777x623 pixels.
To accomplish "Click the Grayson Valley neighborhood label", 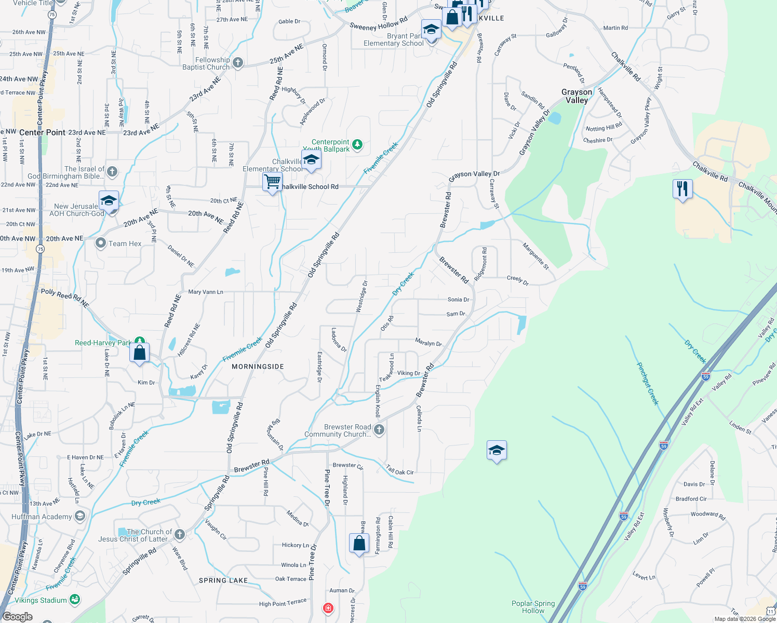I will (577, 96).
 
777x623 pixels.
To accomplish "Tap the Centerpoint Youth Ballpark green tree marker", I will (357, 145).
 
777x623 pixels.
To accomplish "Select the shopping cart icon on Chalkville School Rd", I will (272, 183).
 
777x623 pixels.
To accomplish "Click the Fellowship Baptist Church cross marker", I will (238, 63).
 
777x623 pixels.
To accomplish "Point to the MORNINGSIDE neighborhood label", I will (258, 367).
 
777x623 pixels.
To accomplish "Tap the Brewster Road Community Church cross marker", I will (379, 430).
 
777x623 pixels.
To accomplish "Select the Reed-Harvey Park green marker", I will (139, 342).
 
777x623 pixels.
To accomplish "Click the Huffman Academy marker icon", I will (79, 516).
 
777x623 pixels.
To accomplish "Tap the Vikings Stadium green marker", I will (75, 600).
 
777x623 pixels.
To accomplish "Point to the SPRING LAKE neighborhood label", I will (223, 580).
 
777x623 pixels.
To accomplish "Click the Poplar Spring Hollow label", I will (533, 607).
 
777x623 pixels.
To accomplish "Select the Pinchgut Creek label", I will (648, 384).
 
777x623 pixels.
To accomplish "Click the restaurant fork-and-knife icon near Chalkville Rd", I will (682, 189).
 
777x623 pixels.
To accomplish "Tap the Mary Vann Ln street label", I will (206, 292).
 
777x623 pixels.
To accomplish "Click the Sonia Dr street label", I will (458, 300).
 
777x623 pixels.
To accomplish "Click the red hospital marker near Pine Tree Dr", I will (328, 607).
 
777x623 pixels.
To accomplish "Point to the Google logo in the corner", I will (17, 617).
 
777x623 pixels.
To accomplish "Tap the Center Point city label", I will (43, 132).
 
